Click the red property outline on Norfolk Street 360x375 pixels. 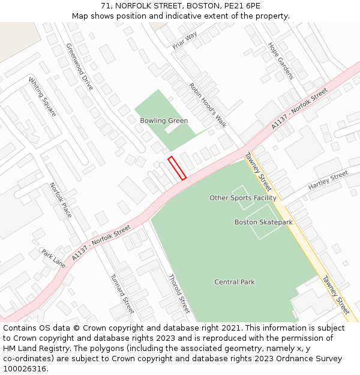[x=177, y=168]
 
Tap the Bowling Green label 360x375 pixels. [x=164, y=121]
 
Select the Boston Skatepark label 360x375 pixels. [x=263, y=222]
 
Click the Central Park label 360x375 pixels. [x=235, y=282]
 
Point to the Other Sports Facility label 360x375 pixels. [x=243, y=198]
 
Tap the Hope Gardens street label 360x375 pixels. [x=281, y=61]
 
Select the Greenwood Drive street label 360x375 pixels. [x=80, y=67]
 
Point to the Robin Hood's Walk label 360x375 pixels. [x=208, y=105]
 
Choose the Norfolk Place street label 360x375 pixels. [x=61, y=200]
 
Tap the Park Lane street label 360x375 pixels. [x=53, y=259]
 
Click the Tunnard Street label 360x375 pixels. [x=122, y=294]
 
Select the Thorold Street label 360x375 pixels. [x=179, y=293]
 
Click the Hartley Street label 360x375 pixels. [x=328, y=181]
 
